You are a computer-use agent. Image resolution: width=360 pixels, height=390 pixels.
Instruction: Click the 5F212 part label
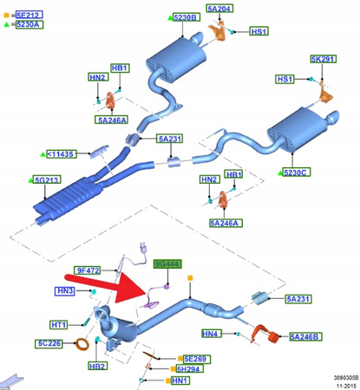pos(28,14)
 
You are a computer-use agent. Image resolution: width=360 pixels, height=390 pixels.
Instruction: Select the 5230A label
pos(29,24)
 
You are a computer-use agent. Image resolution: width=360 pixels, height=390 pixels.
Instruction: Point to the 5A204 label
pos(219,9)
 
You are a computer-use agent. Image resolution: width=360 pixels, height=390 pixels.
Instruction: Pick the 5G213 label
pos(47,180)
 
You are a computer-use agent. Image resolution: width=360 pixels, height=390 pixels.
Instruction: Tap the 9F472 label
pos(88,270)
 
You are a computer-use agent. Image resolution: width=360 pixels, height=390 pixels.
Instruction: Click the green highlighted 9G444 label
pos(166,263)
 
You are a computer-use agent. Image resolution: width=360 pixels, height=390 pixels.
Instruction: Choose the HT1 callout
pos(59,324)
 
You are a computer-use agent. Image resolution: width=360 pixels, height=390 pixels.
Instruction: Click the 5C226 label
pos(50,342)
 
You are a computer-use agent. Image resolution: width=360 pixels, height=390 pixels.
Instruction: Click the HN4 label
pos(211,334)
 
